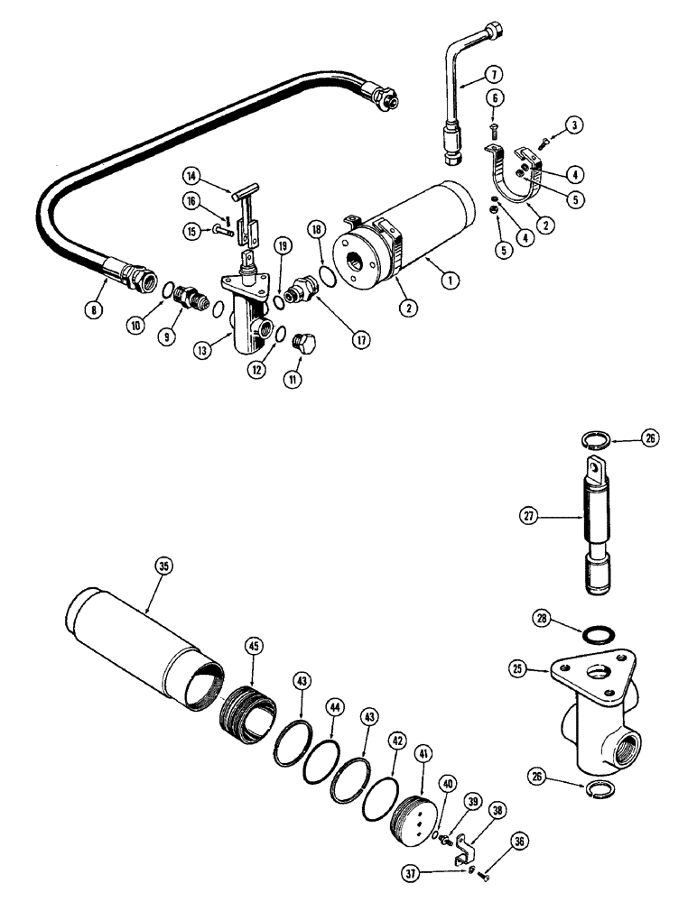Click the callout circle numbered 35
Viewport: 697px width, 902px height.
coord(163,566)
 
